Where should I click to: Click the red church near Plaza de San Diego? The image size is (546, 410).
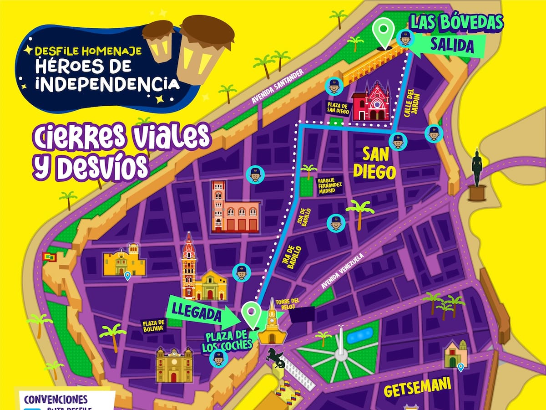372,102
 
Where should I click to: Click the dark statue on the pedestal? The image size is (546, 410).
477,173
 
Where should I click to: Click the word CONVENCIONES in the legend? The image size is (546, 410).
56,400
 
